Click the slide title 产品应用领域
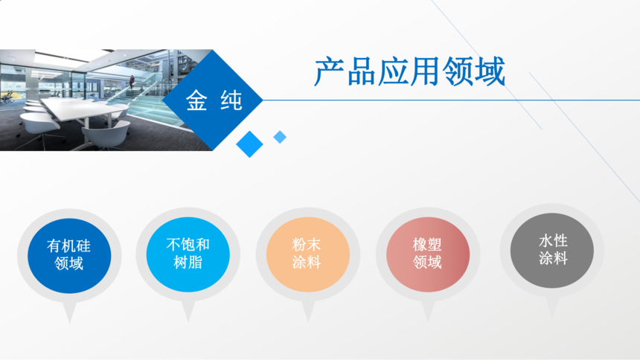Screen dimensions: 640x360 pyautogui.click(x=410, y=72)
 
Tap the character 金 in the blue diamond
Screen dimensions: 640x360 pyautogui.click(x=196, y=101)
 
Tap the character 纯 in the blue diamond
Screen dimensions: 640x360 pyautogui.click(x=231, y=101)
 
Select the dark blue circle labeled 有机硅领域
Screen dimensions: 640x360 pyautogui.click(x=69, y=256)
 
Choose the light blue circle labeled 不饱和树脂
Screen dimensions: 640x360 pyautogui.click(x=188, y=254)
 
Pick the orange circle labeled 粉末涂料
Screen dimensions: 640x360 pyautogui.click(x=308, y=254)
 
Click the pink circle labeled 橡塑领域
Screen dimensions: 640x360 pyautogui.click(x=428, y=254)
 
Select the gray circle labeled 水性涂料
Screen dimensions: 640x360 pyautogui.click(x=552, y=250)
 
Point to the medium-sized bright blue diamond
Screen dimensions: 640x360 pyautogui.click(x=249, y=144)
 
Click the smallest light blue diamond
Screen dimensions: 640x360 pyautogui.click(x=280, y=137)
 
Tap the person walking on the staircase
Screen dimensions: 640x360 pyautogui.click(x=132, y=82)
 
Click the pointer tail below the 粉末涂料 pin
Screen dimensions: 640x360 pyautogui.click(x=308, y=311)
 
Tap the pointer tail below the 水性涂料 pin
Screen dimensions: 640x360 pyautogui.click(x=552, y=307)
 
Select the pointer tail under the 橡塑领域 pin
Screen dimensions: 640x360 pyautogui.click(x=428, y=311)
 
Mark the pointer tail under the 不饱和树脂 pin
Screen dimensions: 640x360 pyautogui.click(x=188, y=311)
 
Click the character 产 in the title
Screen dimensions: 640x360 pyautogui.click(x=330, y=72)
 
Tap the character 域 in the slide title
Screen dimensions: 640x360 pyautogui.click(x=490, y=72)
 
